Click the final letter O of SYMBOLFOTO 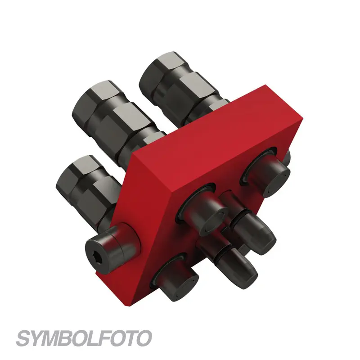pos(143,338)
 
